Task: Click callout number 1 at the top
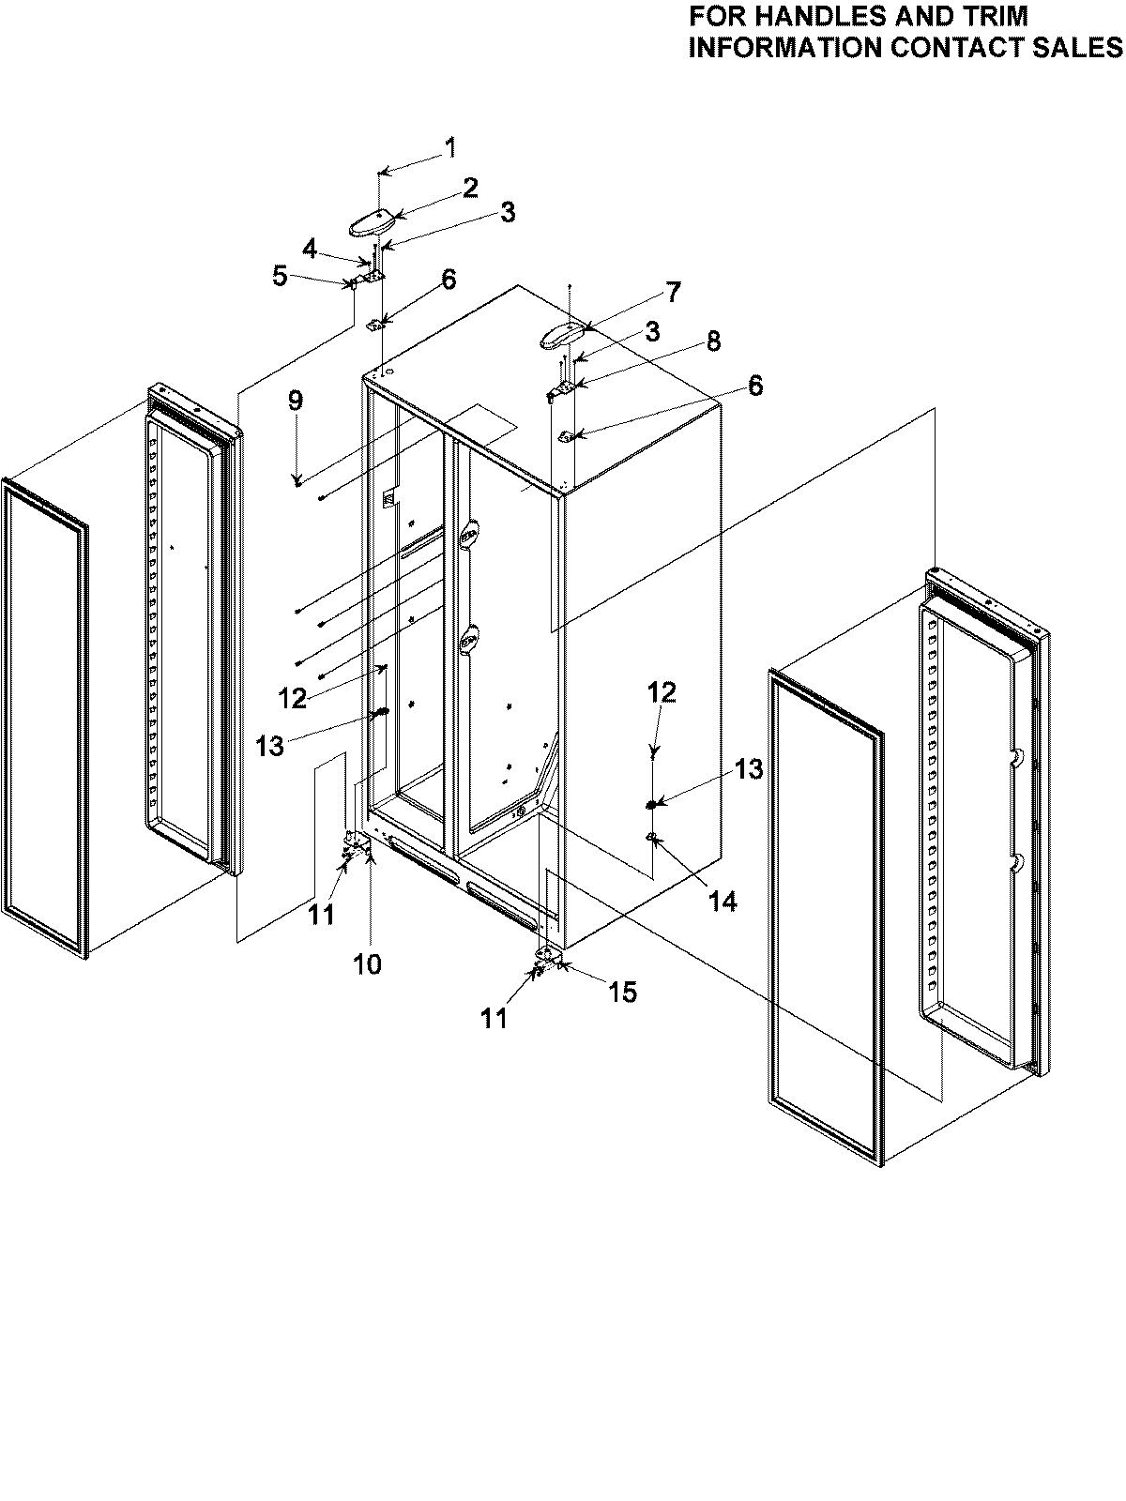[x=450, y=147]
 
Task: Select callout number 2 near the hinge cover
[x=469, y=188]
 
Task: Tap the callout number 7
[x=673, y=292]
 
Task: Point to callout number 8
[x=713, y=341]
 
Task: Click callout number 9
[x=296, y=402]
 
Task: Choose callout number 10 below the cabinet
[x=367, y=963]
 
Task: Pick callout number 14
[x=723, y=902]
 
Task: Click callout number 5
[x=280, y=277]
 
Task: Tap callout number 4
[x=311, y=249]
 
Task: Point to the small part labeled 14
[x=650, y=835]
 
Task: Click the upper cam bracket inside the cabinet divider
[x=469, y=534]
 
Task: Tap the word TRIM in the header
[x=995, y=16]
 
